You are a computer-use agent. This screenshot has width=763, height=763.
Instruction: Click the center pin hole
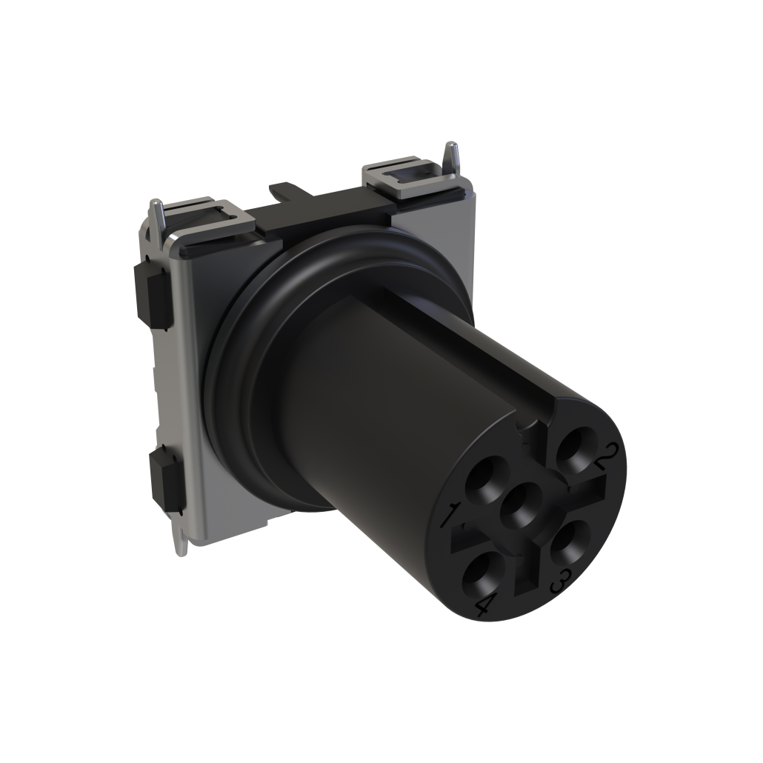click(522, 507)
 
